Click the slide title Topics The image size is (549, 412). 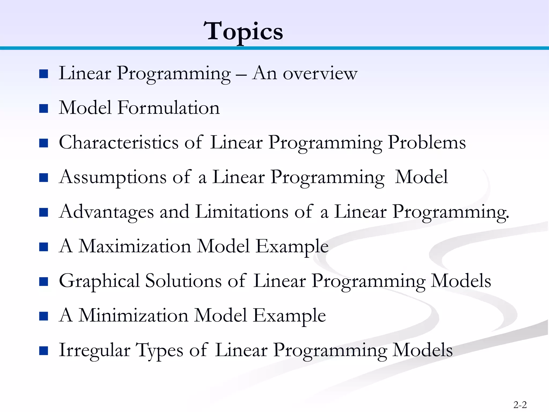point(243,32)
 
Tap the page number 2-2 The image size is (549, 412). point(520,405)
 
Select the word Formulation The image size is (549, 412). point(169,108)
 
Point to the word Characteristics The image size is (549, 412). point(118,142)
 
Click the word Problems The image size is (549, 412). point(427,142)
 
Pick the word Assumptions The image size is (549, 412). point(113,178)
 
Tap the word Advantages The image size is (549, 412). point(106,212)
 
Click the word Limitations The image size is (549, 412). point(242,212)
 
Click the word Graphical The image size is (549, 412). point(99,281)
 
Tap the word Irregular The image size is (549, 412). point(94,350)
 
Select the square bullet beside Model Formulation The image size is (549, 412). point(43,109)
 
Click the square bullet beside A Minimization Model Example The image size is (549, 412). point(43,316)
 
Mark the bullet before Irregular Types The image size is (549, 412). point(43,351)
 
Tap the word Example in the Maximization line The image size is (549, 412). point(292,247)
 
